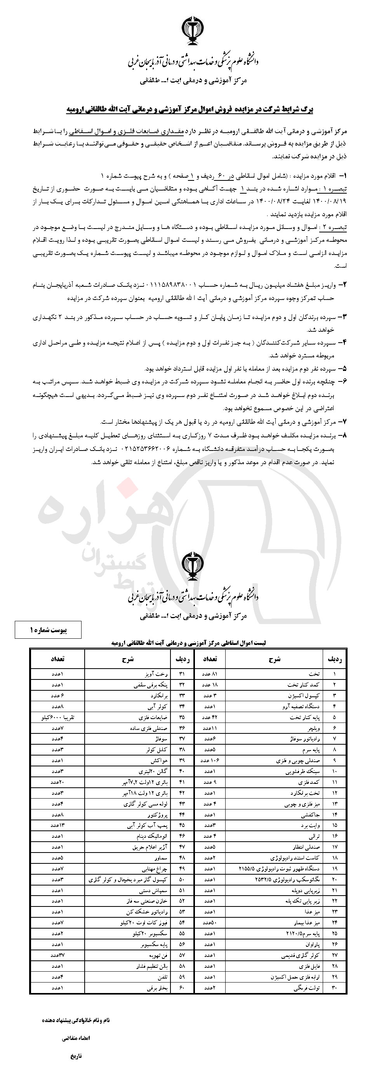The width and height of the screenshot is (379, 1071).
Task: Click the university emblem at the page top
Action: [193, 30]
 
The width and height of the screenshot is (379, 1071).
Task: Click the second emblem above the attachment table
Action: [193, 565]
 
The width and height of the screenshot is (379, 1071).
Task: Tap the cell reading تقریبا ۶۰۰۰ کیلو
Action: [58, 717]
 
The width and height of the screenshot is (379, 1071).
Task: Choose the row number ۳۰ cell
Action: [334, 988]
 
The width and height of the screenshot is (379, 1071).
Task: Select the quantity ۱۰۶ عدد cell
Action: [210, 761]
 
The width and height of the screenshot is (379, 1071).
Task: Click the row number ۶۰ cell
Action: [182, 988]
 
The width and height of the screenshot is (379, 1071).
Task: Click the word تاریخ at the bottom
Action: [76, 1055]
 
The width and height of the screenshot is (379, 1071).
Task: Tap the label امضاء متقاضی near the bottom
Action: [76, 1038]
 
